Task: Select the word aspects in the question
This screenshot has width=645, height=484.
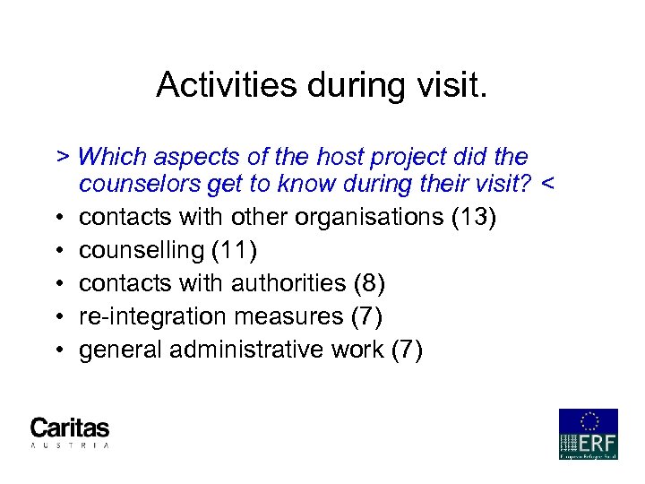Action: (x=186, y=157)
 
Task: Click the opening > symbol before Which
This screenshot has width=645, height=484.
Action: (x=64, y=157)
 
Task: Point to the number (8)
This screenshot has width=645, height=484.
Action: (x=369, y=283)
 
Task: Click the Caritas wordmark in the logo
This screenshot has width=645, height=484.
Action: (x=70, y=427)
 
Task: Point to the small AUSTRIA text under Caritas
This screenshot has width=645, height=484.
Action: (x=70, y=445)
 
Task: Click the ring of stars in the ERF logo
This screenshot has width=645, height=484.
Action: (x=589, y=421)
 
